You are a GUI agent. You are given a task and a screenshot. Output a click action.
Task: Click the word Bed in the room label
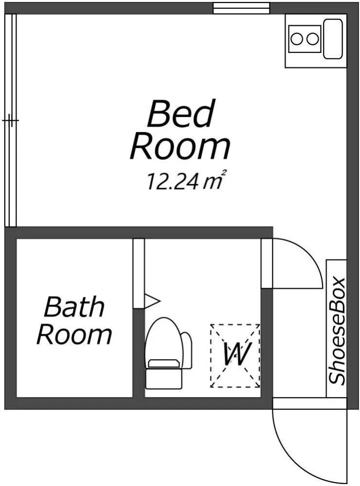[x=180, y=114]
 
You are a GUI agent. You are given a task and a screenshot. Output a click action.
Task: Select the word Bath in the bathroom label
[x=74, y=307]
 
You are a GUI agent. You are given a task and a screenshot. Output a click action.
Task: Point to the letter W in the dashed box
[x=235, y=354]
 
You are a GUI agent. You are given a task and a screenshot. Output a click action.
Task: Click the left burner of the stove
[x=296, y=38]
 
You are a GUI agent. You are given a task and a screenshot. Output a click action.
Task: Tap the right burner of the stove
[x=312, y=38]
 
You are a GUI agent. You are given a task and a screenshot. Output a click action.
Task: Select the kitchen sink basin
[x=333, y=38]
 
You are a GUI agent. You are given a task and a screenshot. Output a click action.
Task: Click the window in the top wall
[x=241, y=8]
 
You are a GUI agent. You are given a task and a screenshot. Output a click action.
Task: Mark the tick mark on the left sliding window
[x=10, y=120]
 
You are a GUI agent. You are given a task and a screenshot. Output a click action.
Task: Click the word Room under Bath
[x=74, y=334]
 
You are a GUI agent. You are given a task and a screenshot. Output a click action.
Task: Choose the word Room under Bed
[x=180, y=146]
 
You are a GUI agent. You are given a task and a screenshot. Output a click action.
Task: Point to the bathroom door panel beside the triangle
[x=139, y=272]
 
